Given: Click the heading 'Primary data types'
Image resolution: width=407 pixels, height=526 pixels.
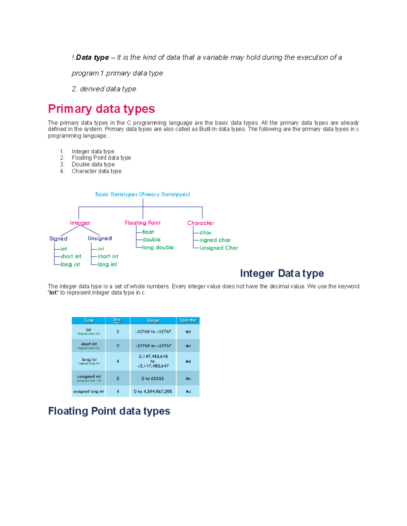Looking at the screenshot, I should click(101, 109).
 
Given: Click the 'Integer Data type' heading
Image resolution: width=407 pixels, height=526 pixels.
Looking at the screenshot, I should click(282, 273).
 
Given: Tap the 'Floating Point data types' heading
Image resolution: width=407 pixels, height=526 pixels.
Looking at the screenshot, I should click(109, 411).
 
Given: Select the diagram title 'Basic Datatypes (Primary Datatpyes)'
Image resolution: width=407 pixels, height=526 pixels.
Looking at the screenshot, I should click(142, 194).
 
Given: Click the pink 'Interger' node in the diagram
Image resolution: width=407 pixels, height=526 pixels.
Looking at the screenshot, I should click(80, 223).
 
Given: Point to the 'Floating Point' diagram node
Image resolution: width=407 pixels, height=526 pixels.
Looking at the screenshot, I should click(142, 223).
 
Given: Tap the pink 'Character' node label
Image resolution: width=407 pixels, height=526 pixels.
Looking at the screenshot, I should click(200, 223).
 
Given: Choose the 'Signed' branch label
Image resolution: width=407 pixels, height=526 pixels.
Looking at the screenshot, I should click(58, 238).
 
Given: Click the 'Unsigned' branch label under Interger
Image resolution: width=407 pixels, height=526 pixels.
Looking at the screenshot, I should click(100, 238).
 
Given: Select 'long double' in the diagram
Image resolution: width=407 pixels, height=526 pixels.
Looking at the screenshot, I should click(158, 248).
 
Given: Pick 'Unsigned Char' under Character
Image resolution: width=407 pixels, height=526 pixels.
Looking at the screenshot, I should click(219, 248).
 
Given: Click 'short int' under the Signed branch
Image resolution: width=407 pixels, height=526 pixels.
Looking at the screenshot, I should click(71, 256).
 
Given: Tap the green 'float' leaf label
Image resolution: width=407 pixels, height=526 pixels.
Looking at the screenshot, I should click(148, 232).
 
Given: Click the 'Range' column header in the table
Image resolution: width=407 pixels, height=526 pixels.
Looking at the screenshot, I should click(153, 320).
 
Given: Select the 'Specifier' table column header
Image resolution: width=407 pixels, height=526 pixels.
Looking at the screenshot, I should click(188, 320).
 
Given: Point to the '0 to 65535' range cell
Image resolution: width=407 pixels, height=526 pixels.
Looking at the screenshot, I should click(153, 379).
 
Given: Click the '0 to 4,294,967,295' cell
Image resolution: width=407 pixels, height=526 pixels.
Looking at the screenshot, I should click(153, 392).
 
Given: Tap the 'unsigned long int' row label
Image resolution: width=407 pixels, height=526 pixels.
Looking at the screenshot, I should click(89, 392).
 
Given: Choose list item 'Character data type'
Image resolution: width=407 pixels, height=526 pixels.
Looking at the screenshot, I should click(96, 171).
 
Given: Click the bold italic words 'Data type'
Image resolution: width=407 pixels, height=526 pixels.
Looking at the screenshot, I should click(92, 58).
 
